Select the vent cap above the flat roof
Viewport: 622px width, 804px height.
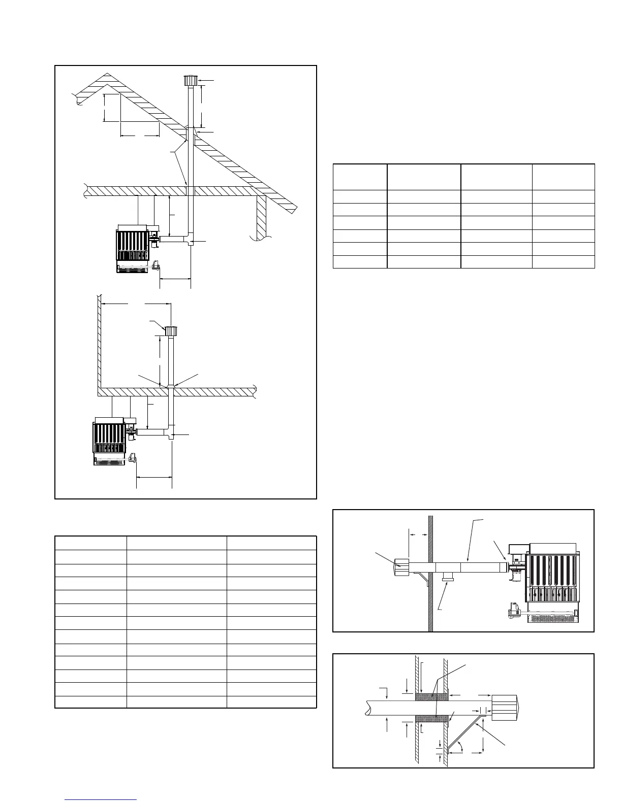[170, 330]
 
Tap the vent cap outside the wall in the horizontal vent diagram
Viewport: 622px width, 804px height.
[401, 566]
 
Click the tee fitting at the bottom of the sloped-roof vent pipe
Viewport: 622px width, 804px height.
[191, 240]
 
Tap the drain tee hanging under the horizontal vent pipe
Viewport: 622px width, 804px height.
[448, 577]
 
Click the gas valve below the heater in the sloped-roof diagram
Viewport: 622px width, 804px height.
[155, 266]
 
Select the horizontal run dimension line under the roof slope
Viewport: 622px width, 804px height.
[140, 136]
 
